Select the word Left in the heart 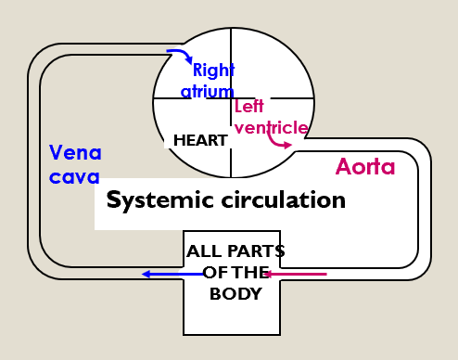248,108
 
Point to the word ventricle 271,127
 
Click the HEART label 200,141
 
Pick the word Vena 75,152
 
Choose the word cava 73,176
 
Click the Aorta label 365,167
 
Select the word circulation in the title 286,199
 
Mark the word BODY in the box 235,294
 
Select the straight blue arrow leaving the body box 172,274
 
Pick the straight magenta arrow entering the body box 297,274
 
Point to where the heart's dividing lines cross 231,99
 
